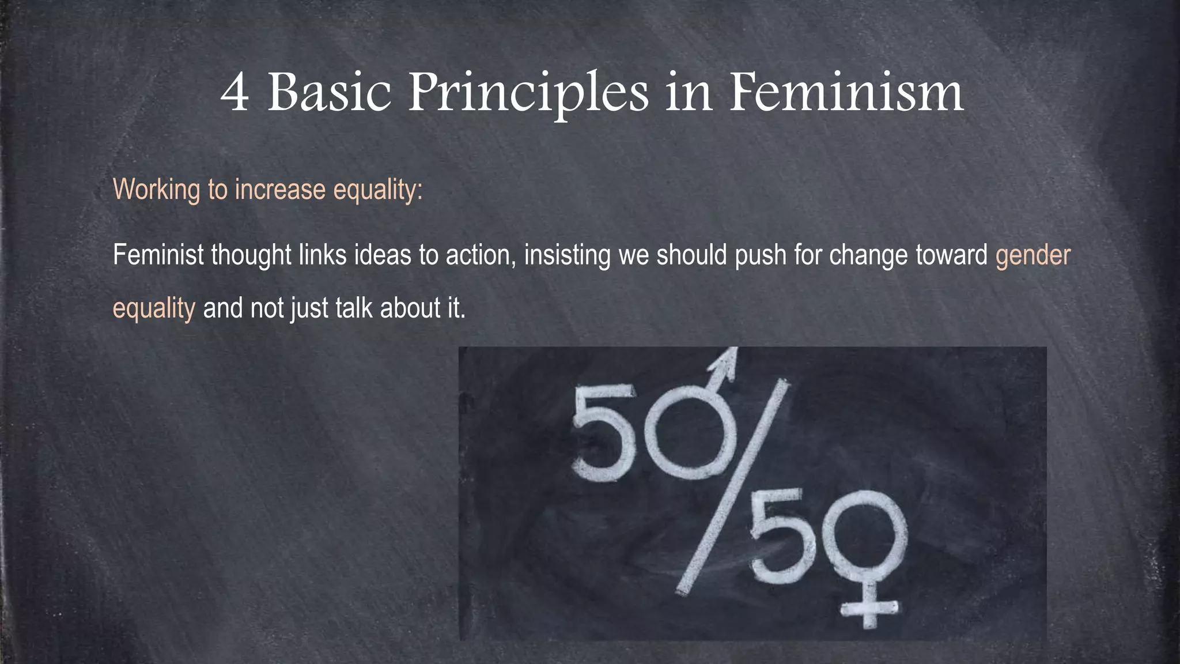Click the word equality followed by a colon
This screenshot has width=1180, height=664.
coord(375,190)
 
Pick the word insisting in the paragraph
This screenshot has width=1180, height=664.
coord(567,255)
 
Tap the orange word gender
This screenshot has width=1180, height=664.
coord(1032,255)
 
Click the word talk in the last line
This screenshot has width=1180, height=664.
coord(354,308)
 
